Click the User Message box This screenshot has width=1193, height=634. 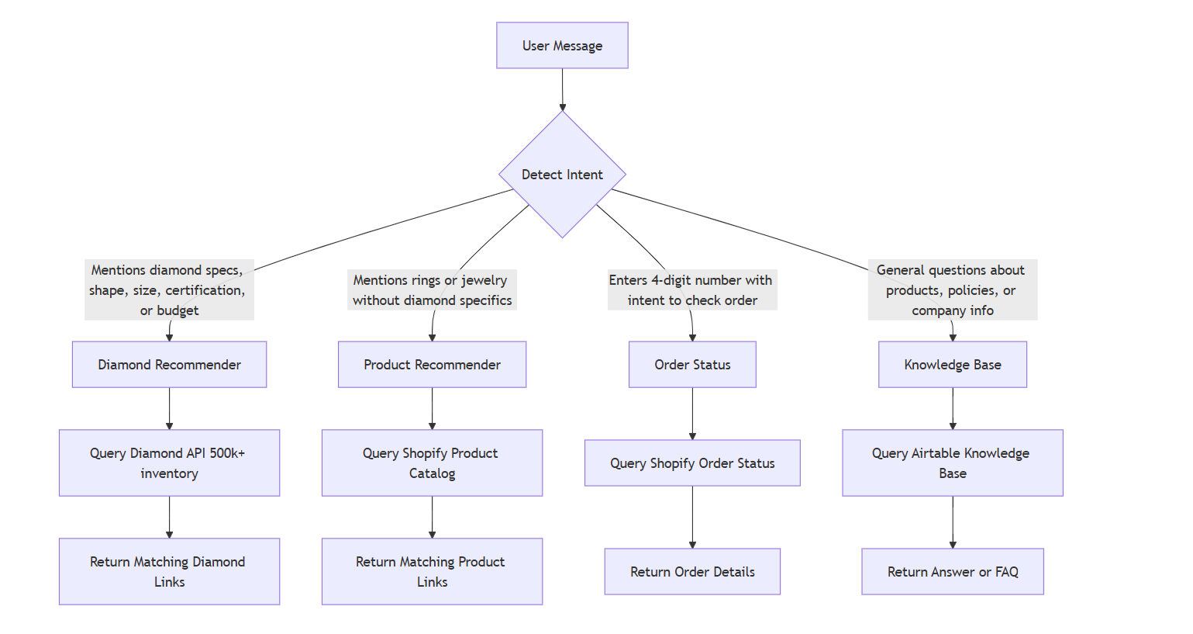tap(562, 46)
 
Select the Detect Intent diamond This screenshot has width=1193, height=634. tap(562, 175)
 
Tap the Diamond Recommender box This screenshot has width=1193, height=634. tap(169, 365)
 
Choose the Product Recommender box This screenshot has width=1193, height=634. tap(432, 365)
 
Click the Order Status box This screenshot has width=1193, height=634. tap(692, 365)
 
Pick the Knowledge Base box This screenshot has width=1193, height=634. tap(952, 365)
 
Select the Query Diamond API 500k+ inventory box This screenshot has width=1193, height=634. tap(169, 463)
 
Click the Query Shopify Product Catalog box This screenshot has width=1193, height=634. tap(432, 463)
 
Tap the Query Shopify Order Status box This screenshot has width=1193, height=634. tap(692, 463)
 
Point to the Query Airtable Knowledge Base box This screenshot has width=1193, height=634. tap(952, 463)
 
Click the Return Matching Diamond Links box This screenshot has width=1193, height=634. tap(169, 572)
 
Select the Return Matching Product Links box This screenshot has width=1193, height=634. tap(432, 572)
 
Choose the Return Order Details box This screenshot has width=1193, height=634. tap(692, 572)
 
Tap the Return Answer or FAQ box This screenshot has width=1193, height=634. tap(952, 572)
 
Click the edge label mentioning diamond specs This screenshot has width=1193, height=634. tap(169, 290)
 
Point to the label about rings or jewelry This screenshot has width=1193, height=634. tap(432, 290)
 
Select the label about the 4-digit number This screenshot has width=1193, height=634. tap(691, 290)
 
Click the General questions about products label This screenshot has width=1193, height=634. tap(952, 290)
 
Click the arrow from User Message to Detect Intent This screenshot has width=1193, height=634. tap(562, 89)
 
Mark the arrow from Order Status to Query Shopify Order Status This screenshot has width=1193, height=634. tap(692, 414)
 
